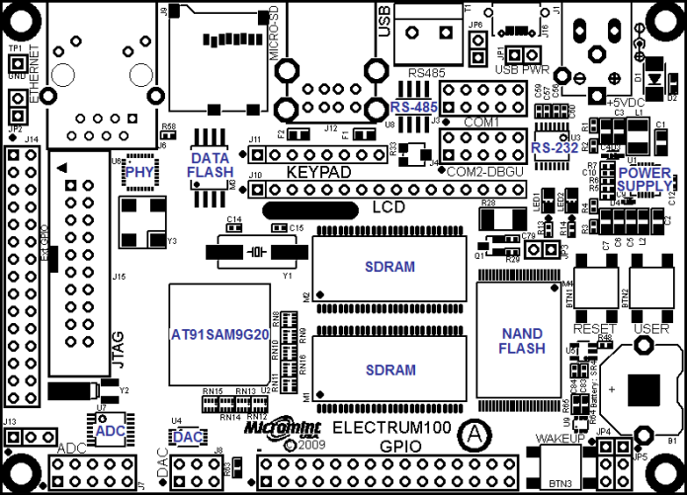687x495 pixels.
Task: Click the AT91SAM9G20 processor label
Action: pos(219,334)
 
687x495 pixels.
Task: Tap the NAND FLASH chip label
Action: pos(521,341)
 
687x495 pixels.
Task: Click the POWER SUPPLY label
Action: pos(644,178)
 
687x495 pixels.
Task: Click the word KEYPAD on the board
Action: pos(319,172)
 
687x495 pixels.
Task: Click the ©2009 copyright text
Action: pos(303,446)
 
